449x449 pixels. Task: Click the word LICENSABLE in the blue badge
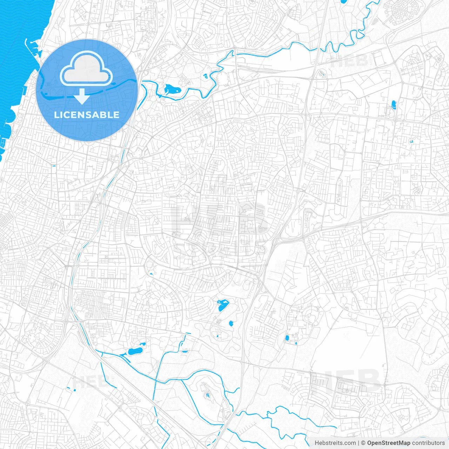[x=87, y=115]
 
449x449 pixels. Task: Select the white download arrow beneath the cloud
[x=82, y=96]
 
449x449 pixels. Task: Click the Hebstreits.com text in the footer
[x=335, y=443]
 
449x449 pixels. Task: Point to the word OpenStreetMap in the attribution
[x=388, y=443]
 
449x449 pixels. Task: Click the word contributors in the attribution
[x=428, y=443]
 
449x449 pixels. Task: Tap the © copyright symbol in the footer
[x=363, y=443]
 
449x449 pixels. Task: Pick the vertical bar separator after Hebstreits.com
[x=358, y=443]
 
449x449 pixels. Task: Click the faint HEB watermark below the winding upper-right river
[x=349, y=62]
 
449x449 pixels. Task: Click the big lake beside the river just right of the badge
[x=172, y=89]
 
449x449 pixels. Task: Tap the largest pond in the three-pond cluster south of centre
[x=222, y=306]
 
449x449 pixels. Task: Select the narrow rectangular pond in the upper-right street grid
[x=393, y=104]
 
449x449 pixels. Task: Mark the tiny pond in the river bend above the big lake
[x=205, y=76]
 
